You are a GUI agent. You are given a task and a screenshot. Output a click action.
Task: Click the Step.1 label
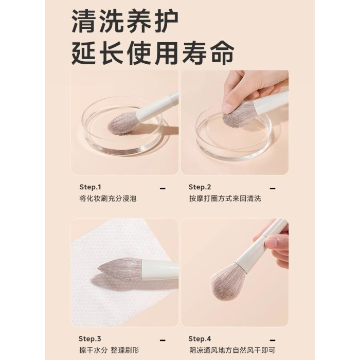pyautogui.click(x=90, y=187)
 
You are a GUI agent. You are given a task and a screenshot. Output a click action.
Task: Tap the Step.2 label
pyautogui.click(x=200, y=187)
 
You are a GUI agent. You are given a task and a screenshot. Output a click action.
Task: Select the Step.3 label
pyautogui.click(x=90, y=338)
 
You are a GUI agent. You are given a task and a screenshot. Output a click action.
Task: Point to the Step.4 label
pyautogui.click(x=200, y=338)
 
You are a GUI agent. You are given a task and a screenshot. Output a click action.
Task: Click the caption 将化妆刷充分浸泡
pyautogui.click(x=108, y=199)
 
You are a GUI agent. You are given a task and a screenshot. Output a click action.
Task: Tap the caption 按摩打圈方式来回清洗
pyautogui.click(x=225, y=199)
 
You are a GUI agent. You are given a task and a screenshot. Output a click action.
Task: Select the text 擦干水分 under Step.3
pyautogui.click(x=93, y=350)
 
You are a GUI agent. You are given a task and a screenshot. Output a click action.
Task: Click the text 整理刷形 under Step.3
pyautogui.click(x=125, y=350)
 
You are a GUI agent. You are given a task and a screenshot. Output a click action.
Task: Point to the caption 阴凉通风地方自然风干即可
pyautogui.click(x=232, y=350)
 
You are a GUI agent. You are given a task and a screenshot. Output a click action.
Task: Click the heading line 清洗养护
pyautogui.click(x=125, y=22)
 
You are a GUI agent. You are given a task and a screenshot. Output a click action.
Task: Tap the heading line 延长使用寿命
pyautogui.click(x=153, y=53)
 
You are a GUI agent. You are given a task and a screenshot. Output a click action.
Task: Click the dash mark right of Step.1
pyautogui.click(x=163, y=189)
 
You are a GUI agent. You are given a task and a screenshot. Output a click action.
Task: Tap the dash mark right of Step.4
pyautogui.click(x=273, y=340)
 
